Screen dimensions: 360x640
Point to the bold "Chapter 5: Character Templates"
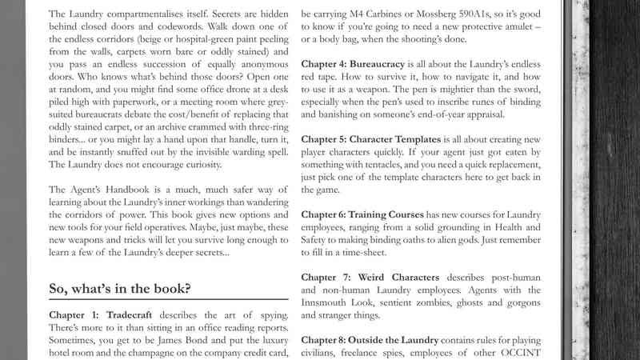[x=378, y=139]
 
